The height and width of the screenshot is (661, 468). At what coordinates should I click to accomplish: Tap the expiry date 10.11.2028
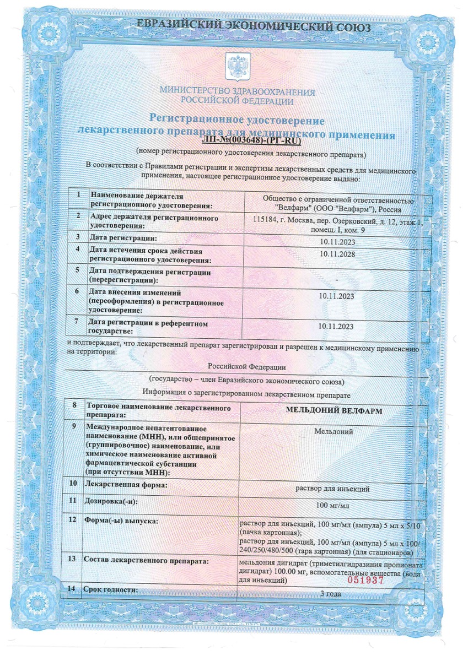tap(337, 254)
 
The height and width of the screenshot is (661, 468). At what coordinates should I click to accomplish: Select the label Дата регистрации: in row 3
tap(123, 237)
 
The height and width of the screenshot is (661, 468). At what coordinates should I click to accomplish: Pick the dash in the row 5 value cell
tap(336, 280)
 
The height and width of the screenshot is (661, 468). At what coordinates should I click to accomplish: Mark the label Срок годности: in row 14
tap(110, 590)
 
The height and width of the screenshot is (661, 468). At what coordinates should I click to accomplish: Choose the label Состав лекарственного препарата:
tap(146, 560)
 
